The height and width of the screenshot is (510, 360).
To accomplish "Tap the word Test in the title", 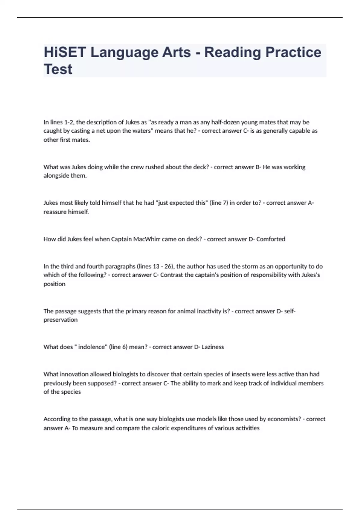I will tap(58, 69).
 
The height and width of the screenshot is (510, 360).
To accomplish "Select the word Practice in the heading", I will tap(293, 52).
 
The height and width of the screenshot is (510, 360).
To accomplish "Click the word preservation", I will tap(61, 320).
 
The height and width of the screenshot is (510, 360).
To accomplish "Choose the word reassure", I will tap(55, 212).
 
